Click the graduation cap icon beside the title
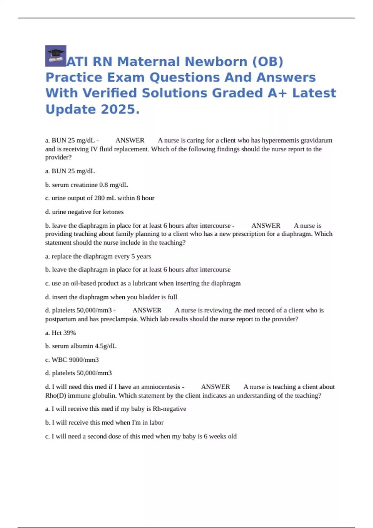point(56,56)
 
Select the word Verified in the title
point(110,93)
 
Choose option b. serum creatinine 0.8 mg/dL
point(86,185)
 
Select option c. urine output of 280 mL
point(99,198)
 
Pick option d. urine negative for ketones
point(84,212)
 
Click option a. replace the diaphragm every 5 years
point(98,257)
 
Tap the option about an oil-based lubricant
point(143,283)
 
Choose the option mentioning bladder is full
point(111,297)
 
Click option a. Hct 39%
point(60,333)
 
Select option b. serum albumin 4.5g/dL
point(81,346)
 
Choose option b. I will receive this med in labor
point(104,423)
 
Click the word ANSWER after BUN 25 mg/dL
point(130,140)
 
